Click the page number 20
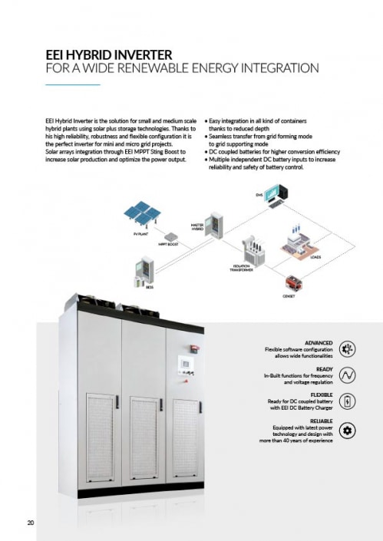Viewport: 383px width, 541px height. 31,523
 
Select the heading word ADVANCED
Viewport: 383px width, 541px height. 319,343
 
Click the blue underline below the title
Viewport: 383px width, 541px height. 73,84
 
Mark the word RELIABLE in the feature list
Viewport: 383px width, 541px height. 320,421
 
